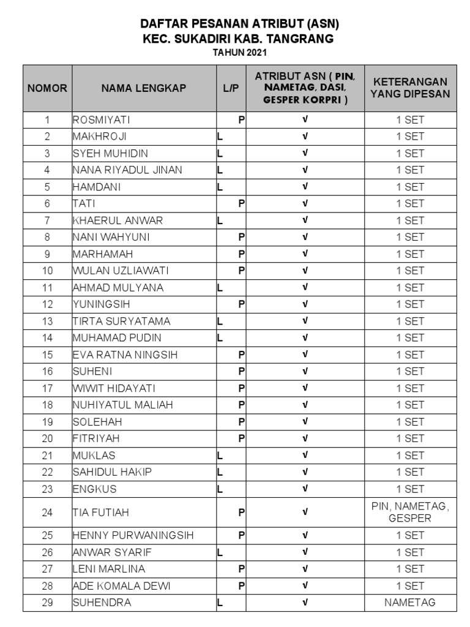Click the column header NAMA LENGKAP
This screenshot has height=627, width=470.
pos(144,88)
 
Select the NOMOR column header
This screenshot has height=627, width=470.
pos(47,88)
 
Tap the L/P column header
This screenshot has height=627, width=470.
pos(231,88)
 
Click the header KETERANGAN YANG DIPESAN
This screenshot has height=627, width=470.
pos(410,88)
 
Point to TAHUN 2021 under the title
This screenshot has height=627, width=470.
pos(240,53)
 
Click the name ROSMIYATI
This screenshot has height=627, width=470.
pos(102,120)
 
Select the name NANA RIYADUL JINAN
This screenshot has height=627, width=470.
pos(127,170)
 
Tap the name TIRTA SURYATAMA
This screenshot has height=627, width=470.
pos(121,321)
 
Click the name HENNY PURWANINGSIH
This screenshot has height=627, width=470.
pos(133,535)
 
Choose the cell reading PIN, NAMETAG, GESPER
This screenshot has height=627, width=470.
pos(410,512)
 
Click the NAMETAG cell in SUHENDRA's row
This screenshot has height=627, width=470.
pos(410,603)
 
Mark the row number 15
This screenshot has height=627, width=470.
pos(47,355)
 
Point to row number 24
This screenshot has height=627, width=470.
pos(47,512)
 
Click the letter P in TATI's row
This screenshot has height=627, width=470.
pos(242,204)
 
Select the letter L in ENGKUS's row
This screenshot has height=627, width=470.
pos(220,489)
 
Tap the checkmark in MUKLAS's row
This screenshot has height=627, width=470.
pos(305,456)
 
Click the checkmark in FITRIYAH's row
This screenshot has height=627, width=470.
pos(305,438)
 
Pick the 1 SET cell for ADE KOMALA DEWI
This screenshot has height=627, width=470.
pos(410,586)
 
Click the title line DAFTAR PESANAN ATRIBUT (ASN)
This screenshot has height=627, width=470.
pos(240,24)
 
